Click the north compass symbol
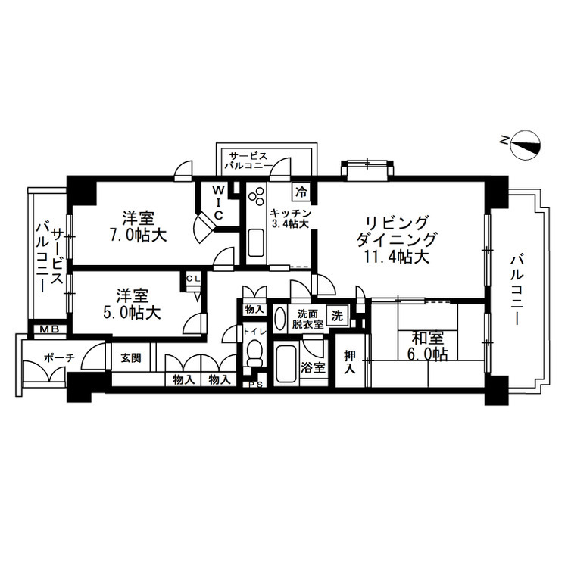[525, 145]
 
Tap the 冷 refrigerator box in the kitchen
[301, 192]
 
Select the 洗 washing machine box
[337, 315]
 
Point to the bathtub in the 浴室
[286, 365]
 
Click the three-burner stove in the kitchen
[256, 198]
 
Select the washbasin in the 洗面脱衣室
[279, 318]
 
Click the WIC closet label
[218, 202]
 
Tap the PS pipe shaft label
[255, 385]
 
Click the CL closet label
[192, 279]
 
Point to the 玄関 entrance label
[131, 358]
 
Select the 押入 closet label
[350, 361]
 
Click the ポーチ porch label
[59, 358]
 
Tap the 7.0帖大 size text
[139, 236]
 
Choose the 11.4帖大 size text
[398, 257]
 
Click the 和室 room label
[428, 338]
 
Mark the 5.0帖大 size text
[133, 313]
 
